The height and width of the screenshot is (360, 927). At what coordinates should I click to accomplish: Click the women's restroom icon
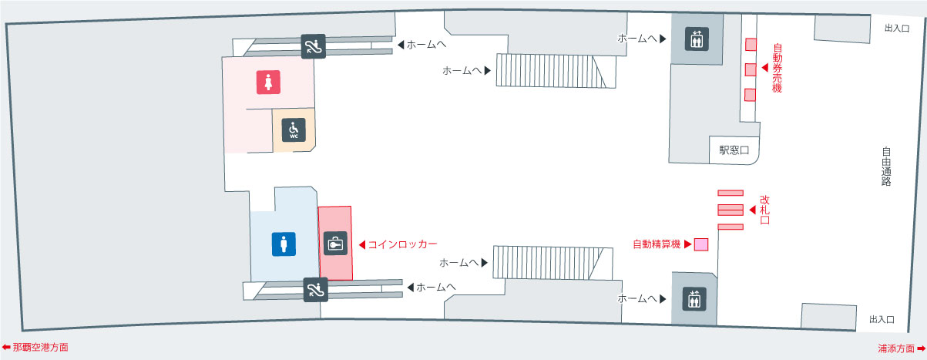[268, 82]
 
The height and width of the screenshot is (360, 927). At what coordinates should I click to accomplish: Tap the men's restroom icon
[284, 244]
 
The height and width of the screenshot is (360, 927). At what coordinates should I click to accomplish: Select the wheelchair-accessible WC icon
[294, 130]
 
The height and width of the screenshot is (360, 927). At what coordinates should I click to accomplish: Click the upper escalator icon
[313, 46]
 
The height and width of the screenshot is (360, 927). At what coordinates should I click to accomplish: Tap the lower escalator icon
[315, 289]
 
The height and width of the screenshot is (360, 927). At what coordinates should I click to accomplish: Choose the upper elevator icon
[697, 39]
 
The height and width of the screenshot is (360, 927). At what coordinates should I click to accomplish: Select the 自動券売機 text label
[777, 68]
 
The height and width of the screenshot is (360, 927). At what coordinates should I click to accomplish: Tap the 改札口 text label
[764, 210]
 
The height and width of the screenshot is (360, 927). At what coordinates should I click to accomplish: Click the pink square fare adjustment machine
[700, 244]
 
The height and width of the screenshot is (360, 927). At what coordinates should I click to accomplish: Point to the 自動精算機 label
[657, 244]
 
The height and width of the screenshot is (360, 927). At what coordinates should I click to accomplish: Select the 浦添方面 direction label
[897, 348]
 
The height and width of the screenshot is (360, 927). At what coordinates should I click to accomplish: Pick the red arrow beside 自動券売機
[764, 69]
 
